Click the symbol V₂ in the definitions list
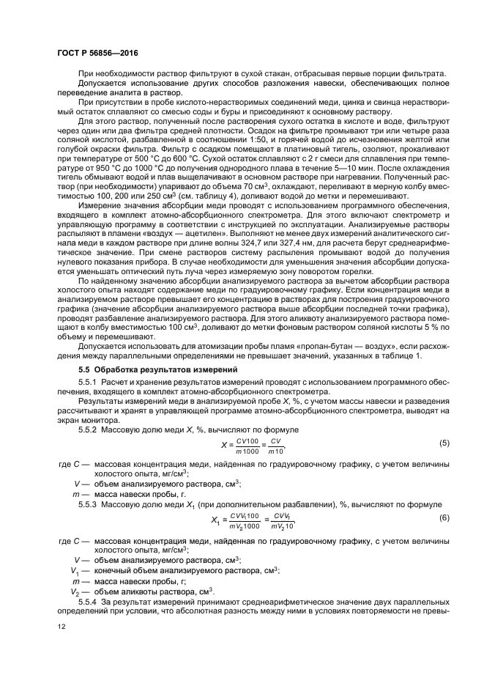(x=75, y=590)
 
